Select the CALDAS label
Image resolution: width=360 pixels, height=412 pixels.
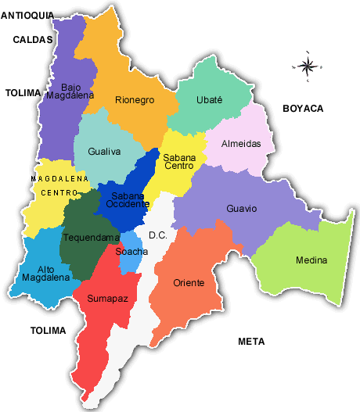tap(33, 39)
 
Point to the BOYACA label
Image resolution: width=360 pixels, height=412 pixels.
tap(303, 109)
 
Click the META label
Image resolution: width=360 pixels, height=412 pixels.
tap(251, 342)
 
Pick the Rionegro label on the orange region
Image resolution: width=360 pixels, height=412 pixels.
tap(135, 100)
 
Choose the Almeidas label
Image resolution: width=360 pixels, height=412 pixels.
tap(247, 144)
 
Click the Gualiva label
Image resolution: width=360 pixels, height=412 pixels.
tap(104, 152)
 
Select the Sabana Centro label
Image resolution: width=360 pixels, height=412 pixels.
tap(179, 161)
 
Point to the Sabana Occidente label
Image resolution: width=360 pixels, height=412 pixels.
tap(128, 200)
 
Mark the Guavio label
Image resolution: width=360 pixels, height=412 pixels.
tap(241, 209)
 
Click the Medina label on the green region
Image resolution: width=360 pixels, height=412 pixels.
tap(311, 260)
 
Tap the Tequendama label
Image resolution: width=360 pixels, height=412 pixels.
tap(92, 238)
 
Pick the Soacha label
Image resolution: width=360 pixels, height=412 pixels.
tap(131, 252)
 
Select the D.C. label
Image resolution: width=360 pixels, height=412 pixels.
tap(158, 235)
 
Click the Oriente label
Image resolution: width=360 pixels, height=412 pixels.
tap(189, 282)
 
